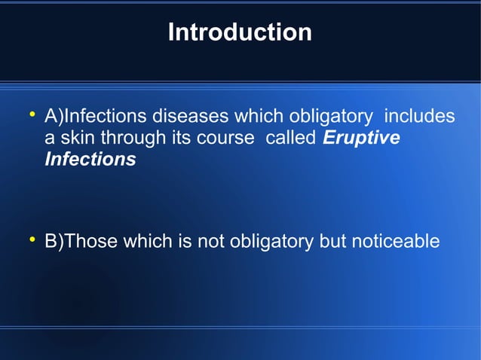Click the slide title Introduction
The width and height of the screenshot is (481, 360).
click(x=240, y=32)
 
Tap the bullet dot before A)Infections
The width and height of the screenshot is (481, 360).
click(x=32, y=115)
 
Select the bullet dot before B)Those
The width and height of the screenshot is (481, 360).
click(x=32, y=240)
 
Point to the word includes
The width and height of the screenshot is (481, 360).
click(x=420, y=117)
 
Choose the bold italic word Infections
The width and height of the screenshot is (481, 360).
click(x=90, y=160)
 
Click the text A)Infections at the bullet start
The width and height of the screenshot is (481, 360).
click(x=97, y=117)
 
